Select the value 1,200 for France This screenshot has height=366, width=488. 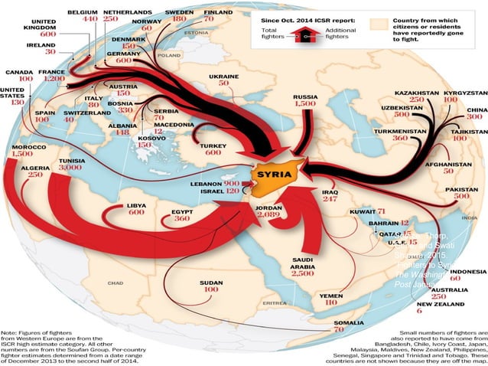pyautogui.click(x=54, y=79)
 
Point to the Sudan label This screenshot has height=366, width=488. pyautogui.click(x=210, y=283)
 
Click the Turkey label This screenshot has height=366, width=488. pyautogui.click(x=210, y=145)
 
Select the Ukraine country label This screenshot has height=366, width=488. pyautogui.click(x=224, y=77)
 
